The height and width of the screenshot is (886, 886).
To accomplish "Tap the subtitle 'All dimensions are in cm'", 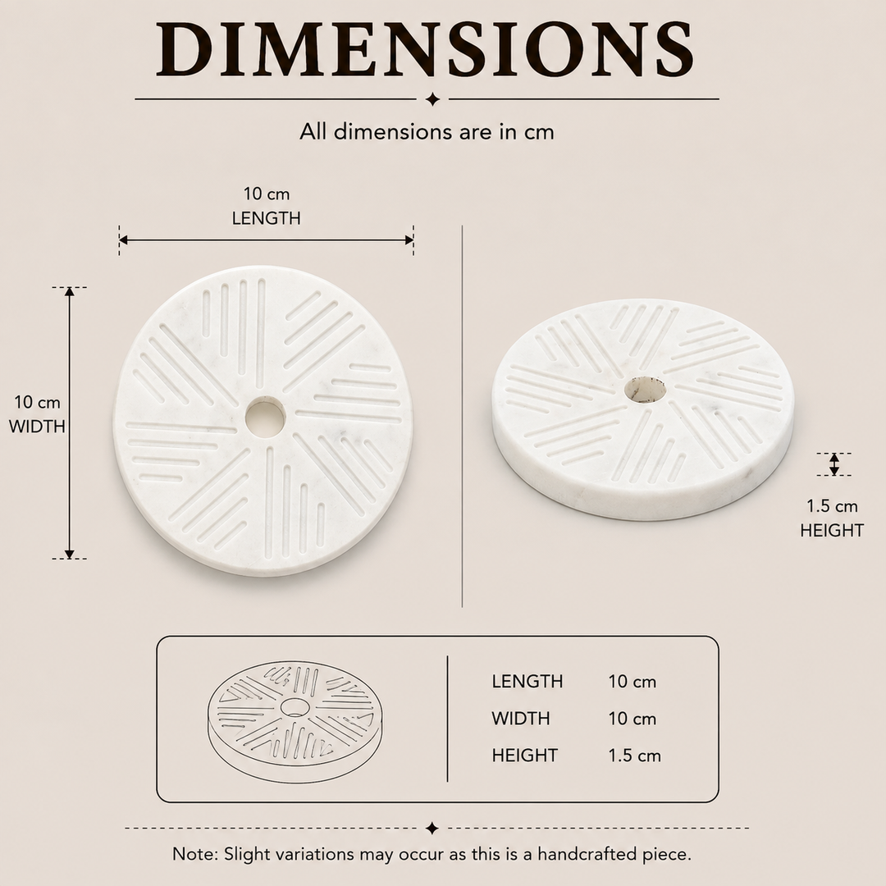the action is [427, 131].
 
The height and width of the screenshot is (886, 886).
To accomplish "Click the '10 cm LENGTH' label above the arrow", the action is [266, 206].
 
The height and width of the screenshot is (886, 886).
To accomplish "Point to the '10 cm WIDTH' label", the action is [37, 414].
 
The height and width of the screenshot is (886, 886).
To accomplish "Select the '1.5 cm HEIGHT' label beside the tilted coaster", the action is [832, 518].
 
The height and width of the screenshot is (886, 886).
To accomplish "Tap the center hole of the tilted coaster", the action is [645, 390].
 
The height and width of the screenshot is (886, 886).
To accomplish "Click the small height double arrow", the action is [834, 464].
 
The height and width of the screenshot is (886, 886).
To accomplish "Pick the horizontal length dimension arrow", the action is [266, 240].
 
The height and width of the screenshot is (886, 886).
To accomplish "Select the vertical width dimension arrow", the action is [70, 422].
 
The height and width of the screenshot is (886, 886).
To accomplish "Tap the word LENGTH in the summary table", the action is [527, 682].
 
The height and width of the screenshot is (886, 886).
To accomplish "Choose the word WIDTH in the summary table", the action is [520, 719].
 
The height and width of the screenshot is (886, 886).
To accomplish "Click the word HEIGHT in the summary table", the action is [524, 756].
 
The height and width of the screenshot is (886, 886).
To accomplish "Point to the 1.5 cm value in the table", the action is [634, 756].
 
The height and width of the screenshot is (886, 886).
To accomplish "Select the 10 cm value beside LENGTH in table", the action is [633, 682].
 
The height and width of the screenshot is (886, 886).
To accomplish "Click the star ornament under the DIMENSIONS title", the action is [433, 99].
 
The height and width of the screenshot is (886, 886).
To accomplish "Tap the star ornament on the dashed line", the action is [432, 829].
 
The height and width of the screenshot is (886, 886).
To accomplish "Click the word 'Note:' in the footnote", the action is [195, 853].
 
